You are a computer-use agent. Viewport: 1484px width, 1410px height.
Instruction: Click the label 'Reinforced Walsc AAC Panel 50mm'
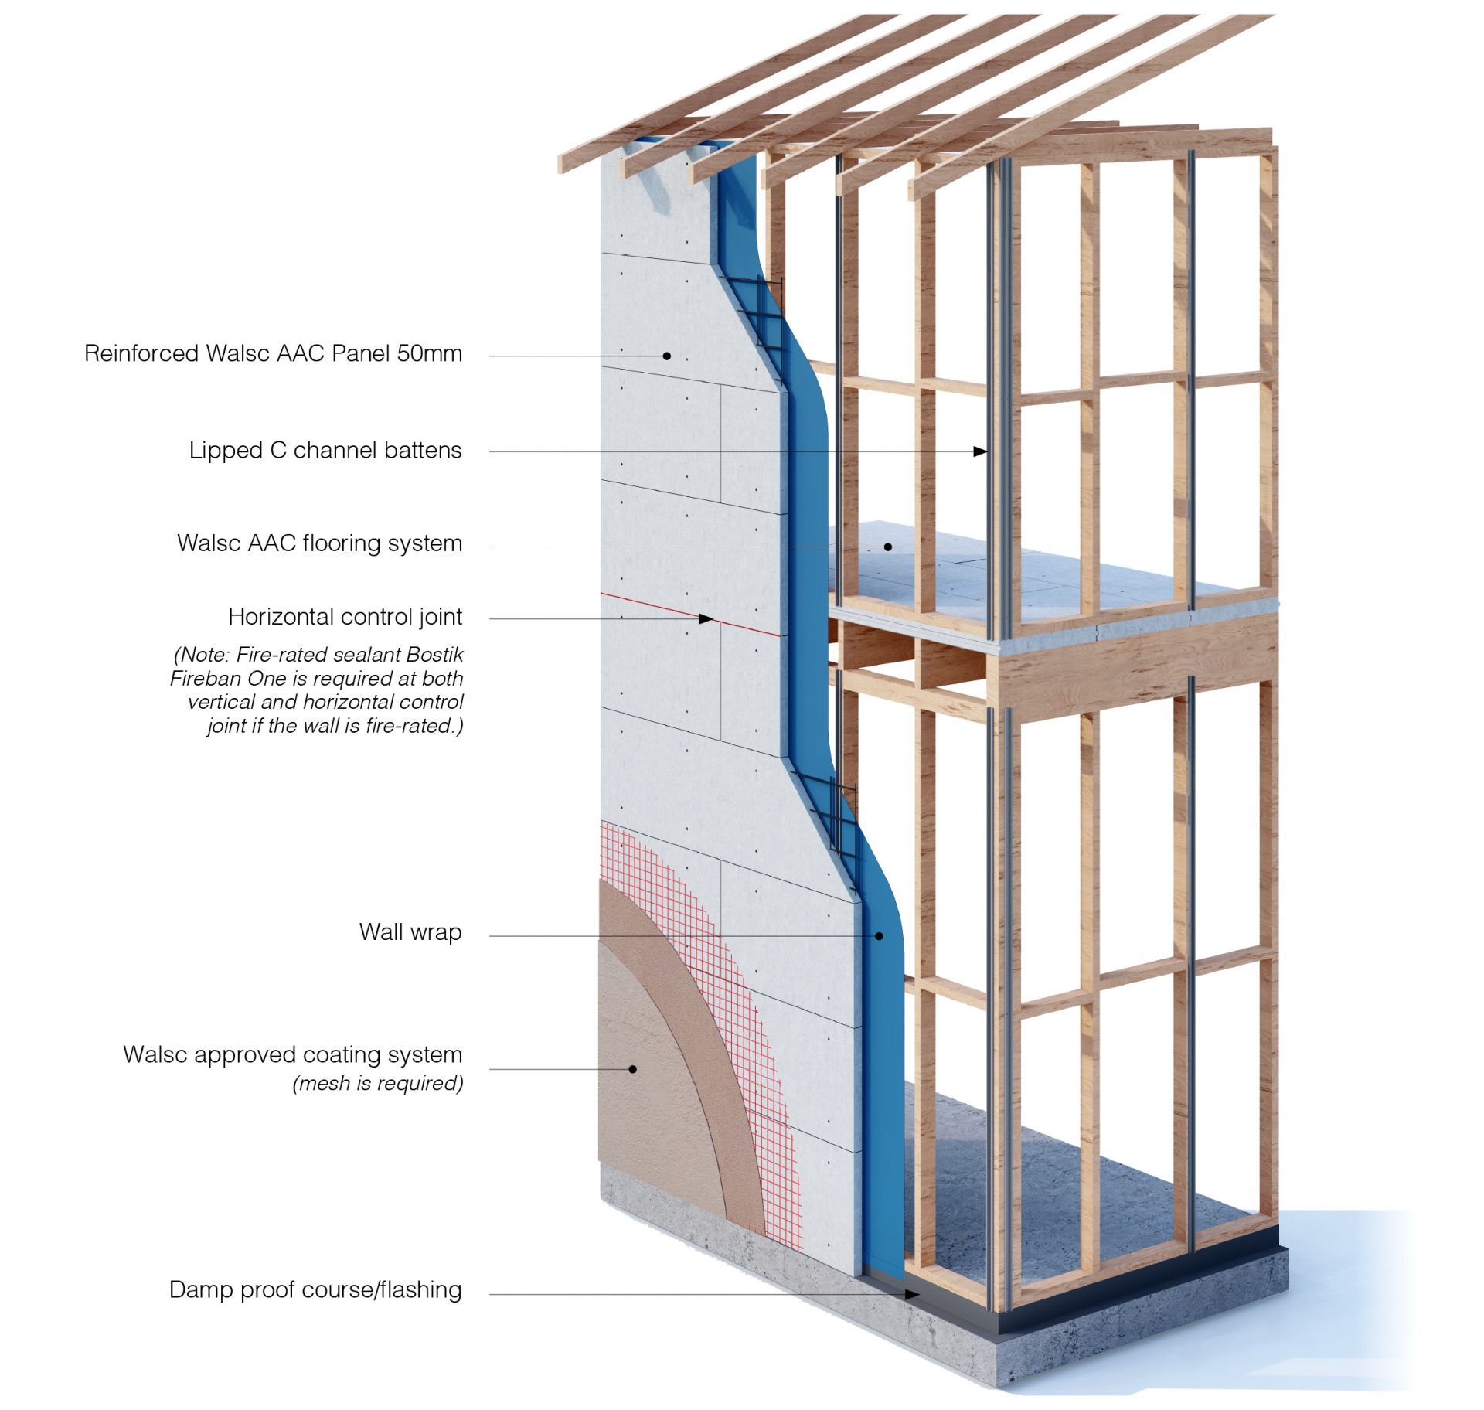point(273,353)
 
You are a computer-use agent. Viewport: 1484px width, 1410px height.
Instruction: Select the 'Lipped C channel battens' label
point(325,450)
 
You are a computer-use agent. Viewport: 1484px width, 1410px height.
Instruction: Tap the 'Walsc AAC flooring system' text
point(319,543)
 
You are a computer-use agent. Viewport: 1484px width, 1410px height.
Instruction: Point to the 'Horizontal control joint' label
point(345,616)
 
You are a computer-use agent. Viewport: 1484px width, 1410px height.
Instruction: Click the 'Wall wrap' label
point(410,931)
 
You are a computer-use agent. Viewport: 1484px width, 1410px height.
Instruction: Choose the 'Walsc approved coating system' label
point(292,1054)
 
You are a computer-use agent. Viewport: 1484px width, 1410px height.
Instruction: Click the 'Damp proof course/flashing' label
point(315,1289)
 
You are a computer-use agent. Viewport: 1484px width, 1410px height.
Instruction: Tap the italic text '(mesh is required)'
point(377,1083)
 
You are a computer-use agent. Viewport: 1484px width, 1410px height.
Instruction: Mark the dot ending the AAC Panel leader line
point(666,356)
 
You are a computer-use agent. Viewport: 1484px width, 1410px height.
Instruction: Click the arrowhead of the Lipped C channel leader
point(980,451)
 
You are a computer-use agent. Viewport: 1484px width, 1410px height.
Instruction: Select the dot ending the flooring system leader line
point(888,547)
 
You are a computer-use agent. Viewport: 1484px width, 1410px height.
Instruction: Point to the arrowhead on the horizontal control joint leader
point(706,618)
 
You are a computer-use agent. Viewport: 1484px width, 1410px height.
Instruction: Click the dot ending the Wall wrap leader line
point(879,936)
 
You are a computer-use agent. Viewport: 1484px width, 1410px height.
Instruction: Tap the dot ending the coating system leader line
point(632,1069)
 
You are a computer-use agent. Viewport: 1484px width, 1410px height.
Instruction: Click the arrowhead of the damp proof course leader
point(913,1294)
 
